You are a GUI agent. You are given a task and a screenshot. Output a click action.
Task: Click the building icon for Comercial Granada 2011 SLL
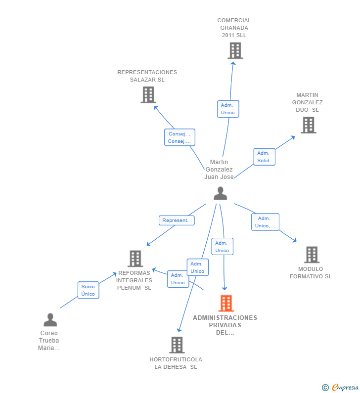point(235,50)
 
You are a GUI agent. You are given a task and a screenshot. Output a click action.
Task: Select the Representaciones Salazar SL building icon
point(148,94)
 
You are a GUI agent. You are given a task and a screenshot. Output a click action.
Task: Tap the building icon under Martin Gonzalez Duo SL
point(308,125)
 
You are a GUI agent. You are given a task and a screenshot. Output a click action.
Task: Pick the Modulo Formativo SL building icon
point(311,255)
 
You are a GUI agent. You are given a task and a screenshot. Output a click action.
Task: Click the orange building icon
point(226,303)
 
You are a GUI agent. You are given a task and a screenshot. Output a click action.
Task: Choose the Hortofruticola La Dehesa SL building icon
point(177,345)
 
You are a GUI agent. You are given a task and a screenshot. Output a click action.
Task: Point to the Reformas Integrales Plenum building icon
point(135,258)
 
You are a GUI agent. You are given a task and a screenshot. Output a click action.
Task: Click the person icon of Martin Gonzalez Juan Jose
point(220,193)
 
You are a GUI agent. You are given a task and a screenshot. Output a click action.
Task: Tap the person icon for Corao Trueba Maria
point(50,320)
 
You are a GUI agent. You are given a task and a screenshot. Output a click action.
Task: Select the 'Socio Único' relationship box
point(88,290)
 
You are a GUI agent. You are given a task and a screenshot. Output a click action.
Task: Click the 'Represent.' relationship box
point(176,220)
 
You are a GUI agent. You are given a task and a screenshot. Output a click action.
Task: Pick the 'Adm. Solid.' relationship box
point(264,157)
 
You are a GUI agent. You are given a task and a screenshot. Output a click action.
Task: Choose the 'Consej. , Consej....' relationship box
point(180,137)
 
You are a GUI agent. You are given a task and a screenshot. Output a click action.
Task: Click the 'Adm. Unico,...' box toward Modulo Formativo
point(265,222)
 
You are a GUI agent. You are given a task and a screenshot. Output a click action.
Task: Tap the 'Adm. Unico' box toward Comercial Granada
point(227,109)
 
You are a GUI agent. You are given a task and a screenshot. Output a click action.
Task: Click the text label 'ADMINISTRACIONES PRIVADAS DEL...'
point(225,325)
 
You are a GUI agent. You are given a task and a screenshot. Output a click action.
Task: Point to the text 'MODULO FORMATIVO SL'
point(311,273)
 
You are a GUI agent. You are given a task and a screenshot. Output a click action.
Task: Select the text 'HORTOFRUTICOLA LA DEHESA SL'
point(176,363)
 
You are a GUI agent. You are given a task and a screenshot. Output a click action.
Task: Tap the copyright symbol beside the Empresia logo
point(325,388)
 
